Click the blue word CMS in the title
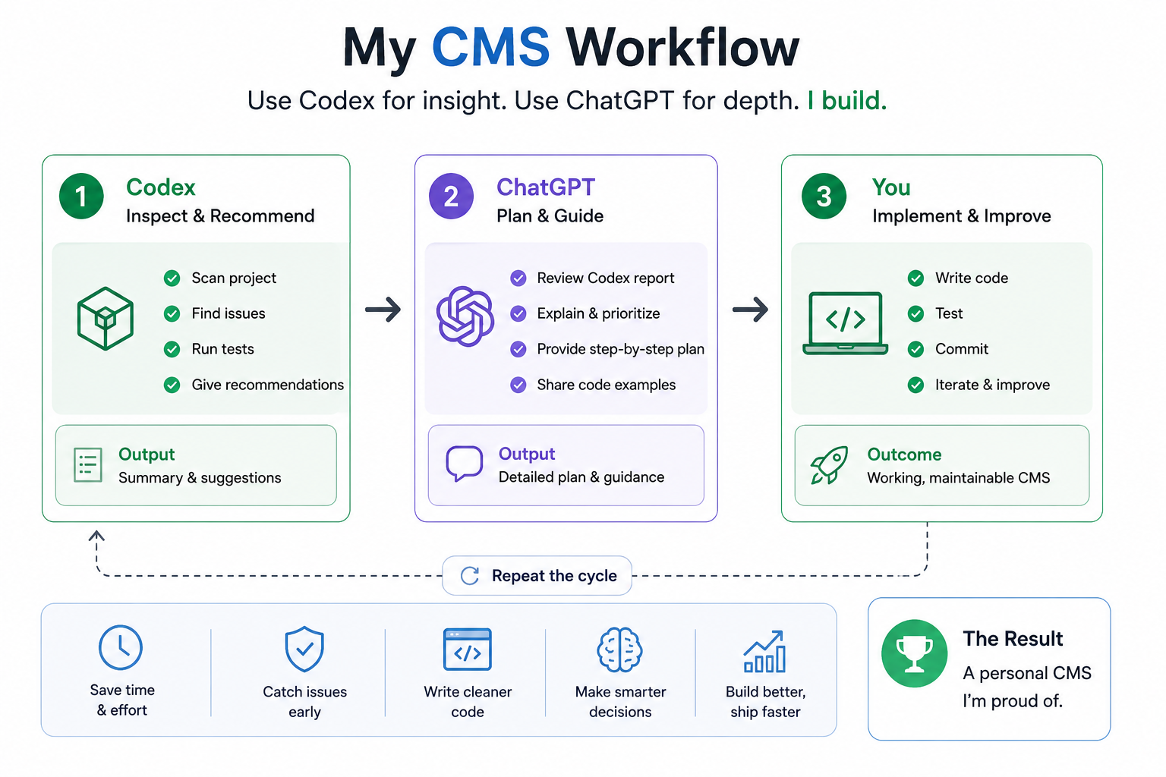coord(490,47)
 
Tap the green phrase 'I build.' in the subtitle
coord(847,100)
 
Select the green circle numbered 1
coord(81,197)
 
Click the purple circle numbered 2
coord(451,197)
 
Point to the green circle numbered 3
coord(824,197)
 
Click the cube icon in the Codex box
coord(106,318)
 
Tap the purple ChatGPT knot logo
coord(465,316)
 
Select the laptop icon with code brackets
coord(846,323)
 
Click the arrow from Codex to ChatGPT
coord(383,310)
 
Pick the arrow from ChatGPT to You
coord(750,310)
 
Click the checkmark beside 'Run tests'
coord(172,349)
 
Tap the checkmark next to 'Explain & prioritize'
coord(518,314)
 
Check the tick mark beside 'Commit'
coord(915,349)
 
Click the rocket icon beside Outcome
coord(829,464)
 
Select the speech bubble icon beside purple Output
coord(464,462)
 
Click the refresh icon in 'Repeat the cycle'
coord(470,576)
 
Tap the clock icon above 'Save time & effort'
coord(120,647)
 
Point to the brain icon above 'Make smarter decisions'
coord(619,650)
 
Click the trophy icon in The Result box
coord(914,653)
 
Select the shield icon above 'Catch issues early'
coord(304,649)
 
